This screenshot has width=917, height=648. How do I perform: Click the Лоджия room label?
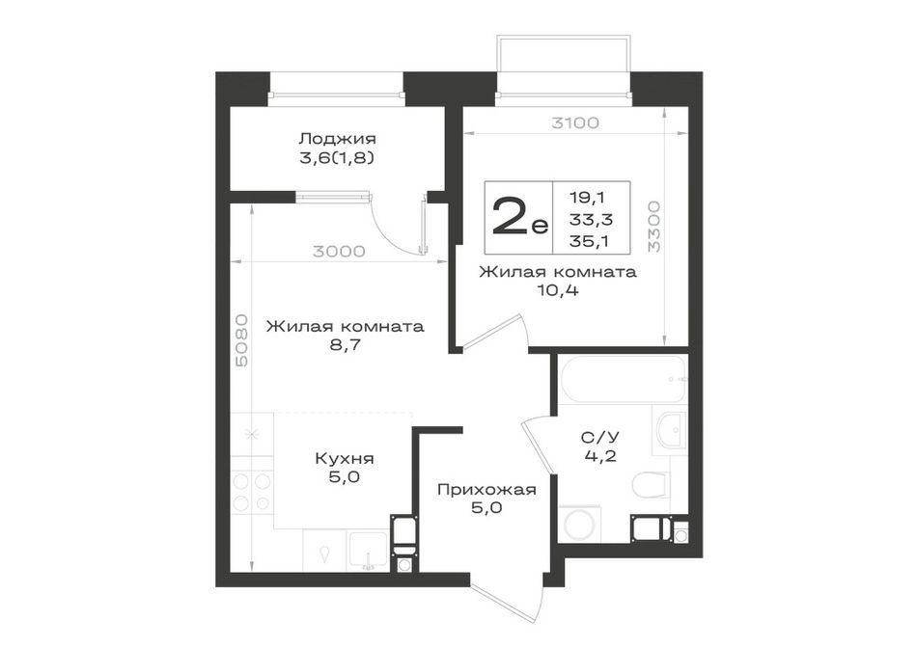click(x=337, y=139)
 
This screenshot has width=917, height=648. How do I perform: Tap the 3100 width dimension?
click(x=575, y=123)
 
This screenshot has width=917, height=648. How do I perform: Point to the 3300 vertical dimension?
click(x=654, y=227)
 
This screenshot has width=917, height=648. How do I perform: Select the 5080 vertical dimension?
click(x=241, y=340)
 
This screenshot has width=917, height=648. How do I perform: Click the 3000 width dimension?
click(x=339, y=252)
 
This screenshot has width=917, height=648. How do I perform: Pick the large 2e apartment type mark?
click(x=520, y=216)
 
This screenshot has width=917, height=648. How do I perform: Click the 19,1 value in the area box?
click(x=587, y=198)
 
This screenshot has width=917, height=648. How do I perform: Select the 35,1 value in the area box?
click(x=589, y=241)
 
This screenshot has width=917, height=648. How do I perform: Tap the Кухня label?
click(x=345, y=458)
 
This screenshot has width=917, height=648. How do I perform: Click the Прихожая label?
click(x=486, y=490)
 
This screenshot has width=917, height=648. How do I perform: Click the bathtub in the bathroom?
click(x=623, y=379)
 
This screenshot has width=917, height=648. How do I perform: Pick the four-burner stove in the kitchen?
click(x=252, y=492)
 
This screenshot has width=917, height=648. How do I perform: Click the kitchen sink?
click(x=368, y=551)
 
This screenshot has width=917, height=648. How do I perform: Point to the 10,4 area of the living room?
click(x=558, y=290)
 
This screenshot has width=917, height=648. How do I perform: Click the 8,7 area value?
click(x=345, y=345)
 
